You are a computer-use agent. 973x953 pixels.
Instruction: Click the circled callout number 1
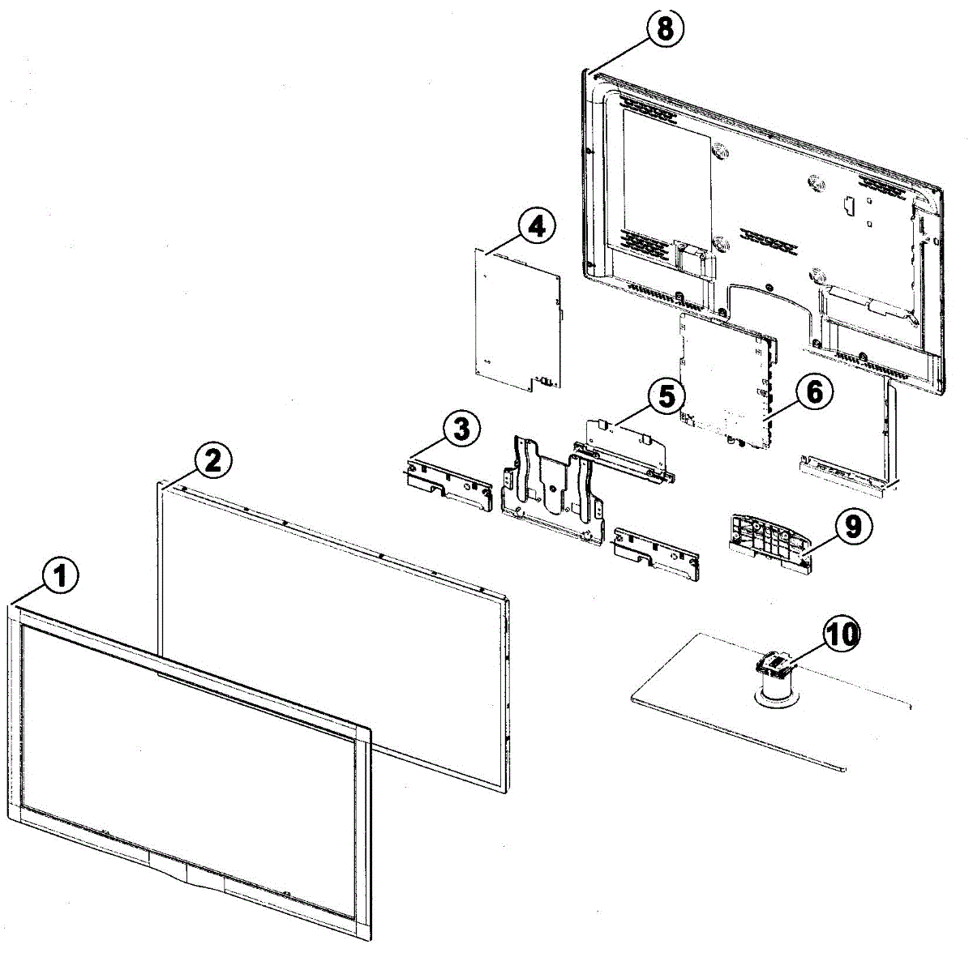[x=61, y=577]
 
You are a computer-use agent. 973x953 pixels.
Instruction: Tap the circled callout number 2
[x=212, y=460]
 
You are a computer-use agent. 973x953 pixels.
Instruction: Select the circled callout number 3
[x=461, y=429]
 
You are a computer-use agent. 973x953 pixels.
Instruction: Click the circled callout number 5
[x=666, y=397]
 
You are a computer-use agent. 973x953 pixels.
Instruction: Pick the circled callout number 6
[x=813, y=391]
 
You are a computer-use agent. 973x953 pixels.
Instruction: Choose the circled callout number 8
[x=664, y=30]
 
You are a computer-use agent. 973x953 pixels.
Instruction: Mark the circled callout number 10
[x=842, y=634]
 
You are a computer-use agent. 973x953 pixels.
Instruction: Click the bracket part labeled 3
[x=448, y=484]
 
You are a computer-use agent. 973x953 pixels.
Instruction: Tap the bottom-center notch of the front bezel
[x=186, y=875]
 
